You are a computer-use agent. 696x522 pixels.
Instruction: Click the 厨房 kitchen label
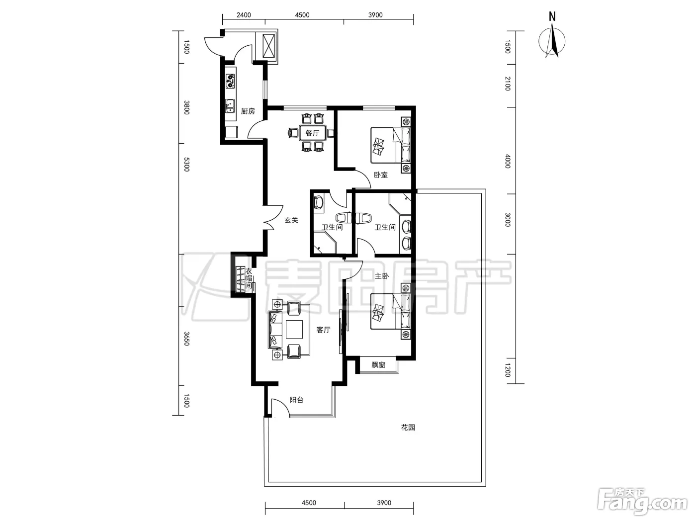pos(248,111)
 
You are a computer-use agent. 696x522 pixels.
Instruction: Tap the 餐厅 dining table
pos(312,133)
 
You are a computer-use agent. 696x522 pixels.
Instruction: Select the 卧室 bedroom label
pos(380,174)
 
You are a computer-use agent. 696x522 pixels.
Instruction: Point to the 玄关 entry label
pos(291,220)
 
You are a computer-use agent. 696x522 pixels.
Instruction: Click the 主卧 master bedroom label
pos(381,276)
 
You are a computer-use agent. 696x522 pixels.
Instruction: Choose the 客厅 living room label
pos(324,330)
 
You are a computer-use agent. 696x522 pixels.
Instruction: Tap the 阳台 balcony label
pos(296,400)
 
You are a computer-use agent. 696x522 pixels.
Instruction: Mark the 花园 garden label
pos(408,428)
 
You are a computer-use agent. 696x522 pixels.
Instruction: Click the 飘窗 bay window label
pos(378,365)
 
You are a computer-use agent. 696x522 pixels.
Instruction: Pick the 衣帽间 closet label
pos(249,278)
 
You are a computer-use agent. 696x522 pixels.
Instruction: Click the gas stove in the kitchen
pos(231,81)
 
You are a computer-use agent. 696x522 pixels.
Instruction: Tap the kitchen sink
pos(230,106)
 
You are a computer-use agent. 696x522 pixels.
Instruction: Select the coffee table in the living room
pos(294,329)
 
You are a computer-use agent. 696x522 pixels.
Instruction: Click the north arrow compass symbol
pos(552,41)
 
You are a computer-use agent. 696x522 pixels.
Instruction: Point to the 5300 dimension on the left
pos(186,165)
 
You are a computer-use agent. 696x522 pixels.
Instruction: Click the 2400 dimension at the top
pos(244,15)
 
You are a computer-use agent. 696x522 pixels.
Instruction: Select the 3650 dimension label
pos(186,339)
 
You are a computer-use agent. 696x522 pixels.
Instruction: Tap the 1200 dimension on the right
pos(508,370)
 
